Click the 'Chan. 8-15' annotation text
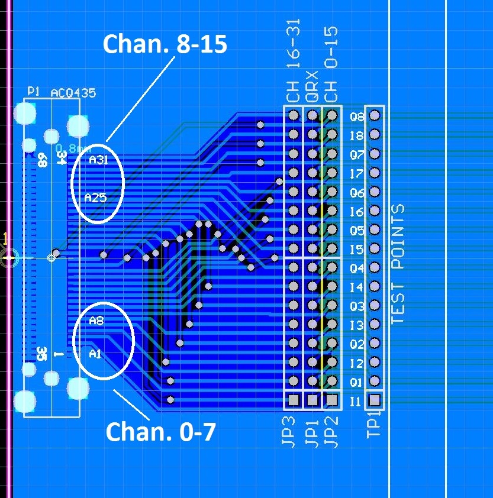165,44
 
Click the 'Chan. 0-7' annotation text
160,432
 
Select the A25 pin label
95,198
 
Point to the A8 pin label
96,321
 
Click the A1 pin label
95,354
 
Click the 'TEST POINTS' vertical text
398,264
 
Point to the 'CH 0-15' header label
332,65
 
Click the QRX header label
312,86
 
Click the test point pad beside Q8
374,116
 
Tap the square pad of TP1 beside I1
374,400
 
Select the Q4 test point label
357,269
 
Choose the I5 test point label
357,250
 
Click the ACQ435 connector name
73,93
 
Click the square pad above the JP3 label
293,400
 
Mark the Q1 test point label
357,382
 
